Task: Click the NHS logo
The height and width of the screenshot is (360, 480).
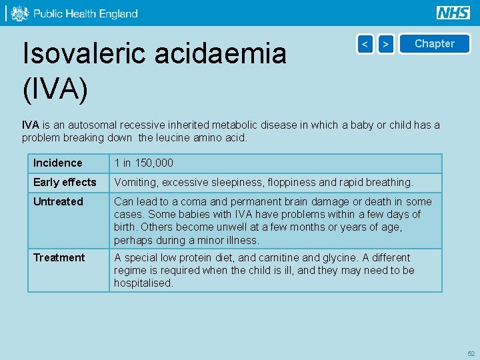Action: (x=453, y=13)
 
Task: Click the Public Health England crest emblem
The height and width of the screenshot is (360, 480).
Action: (x=19, y=13)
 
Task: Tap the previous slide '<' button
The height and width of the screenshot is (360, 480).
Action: (x=365, y=44)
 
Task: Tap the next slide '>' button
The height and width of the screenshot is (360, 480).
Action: (x=386, y=44)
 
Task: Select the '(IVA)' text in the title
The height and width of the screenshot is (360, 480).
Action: (x=55, y=89)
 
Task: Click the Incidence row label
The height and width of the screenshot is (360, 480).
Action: (x=58, y=163)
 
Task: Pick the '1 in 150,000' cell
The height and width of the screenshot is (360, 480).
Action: (x=143, y=163)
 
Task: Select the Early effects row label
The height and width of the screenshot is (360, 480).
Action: (x=65, y=183)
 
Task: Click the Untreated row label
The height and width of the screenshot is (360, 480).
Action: (x=58, y=202)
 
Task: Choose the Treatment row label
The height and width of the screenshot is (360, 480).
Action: (x=59, y=258)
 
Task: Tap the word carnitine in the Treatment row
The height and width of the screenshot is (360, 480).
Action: (x=277, y=258)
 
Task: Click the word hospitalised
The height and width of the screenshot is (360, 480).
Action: (x=143, y=283)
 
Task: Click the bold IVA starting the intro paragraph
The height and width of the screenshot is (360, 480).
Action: (x=30, y=125)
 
